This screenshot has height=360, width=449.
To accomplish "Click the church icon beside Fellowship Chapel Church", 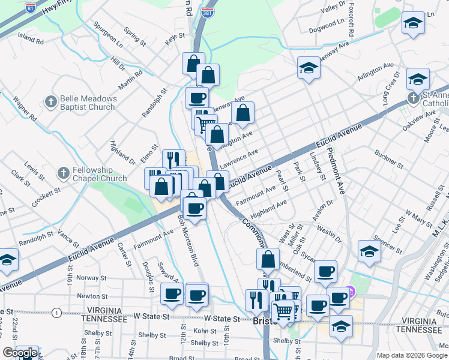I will click(64, 174).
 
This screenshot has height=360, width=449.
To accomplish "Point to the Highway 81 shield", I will click(31, 8).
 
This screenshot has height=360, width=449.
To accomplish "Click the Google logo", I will click(20, 353).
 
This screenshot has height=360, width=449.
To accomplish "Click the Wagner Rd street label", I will click(25, 110).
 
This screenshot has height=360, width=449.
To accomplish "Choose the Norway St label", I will click(87, 277).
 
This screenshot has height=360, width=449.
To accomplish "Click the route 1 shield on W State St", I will click(56, 313).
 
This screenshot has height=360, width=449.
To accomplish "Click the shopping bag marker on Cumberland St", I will click(268, 259).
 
